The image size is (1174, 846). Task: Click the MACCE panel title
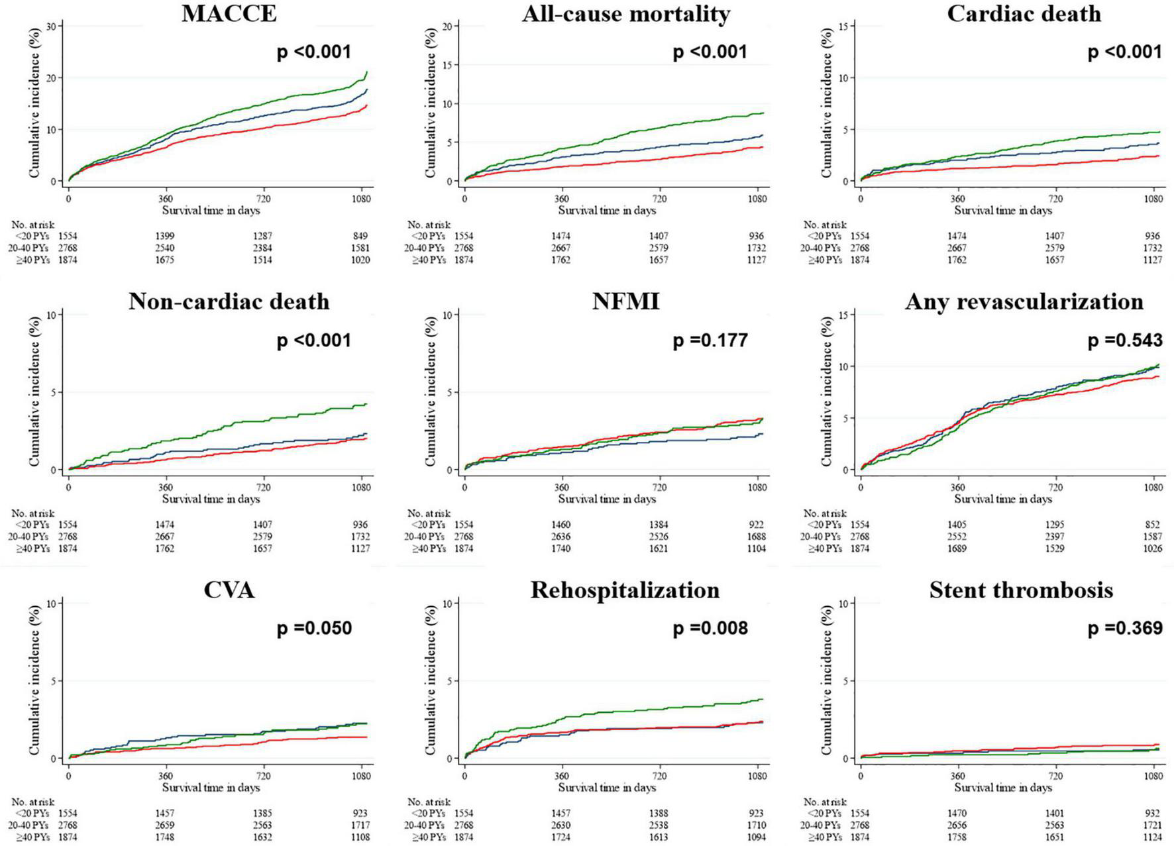[x=229, y=14]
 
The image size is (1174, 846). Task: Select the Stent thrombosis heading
[x=1021, y=590]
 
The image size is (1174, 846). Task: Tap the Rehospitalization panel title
[x=625, y=590]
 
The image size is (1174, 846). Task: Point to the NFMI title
[x=625, y=302]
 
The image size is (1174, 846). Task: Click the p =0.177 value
[x=710, y=341]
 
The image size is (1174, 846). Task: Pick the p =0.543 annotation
[x=1125, y=341]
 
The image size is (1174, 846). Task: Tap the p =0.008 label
[x=710, y=628]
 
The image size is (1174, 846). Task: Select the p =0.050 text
[x=314, y=628]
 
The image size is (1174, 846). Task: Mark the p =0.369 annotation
[x=1125, y=628]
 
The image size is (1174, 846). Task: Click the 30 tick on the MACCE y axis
[x=53, y=25]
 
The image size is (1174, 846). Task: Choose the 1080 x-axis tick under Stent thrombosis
[x=1153, y=776]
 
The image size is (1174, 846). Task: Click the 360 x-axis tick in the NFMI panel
[x=561, y=488]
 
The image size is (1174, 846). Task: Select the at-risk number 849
[x=360, y=236]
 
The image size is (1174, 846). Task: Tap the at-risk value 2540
[x=165, y=248]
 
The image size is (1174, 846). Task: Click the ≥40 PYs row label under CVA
[x=32, y=837]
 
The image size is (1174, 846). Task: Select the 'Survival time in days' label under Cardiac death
[x=1003, y=211]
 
